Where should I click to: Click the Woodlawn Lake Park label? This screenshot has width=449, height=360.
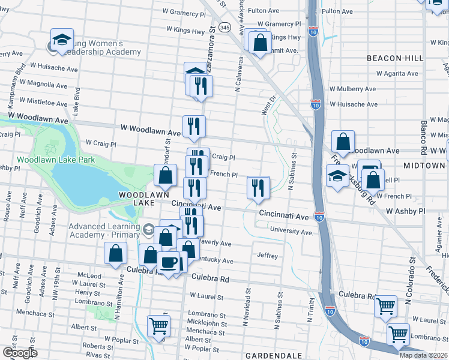56,160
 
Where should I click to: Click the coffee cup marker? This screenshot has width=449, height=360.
168,262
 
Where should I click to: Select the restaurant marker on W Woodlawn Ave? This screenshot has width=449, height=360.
194,126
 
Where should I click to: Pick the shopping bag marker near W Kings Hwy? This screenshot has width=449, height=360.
260,43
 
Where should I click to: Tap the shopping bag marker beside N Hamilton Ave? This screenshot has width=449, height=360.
115,254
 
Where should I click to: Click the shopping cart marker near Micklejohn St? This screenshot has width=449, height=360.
159,326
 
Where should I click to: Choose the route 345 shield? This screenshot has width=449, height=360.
224,28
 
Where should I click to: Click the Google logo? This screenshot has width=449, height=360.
19,353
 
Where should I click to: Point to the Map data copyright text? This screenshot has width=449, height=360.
422,355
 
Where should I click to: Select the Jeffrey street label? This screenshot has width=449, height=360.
268,256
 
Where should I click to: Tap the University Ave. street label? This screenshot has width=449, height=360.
292,232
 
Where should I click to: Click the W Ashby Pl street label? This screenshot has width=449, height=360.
405,212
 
